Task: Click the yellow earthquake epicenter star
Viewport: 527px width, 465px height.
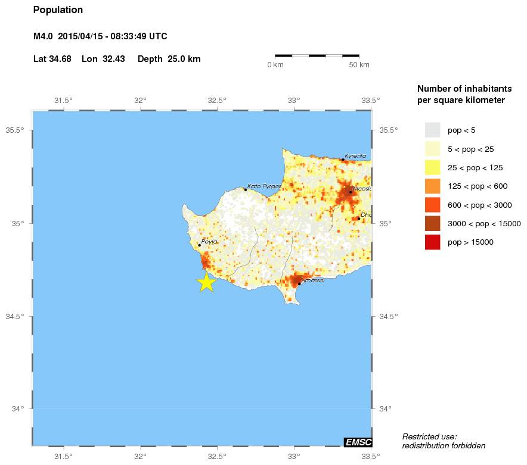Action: tap(206, 282)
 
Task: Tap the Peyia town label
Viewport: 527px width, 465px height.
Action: tap(209, 242)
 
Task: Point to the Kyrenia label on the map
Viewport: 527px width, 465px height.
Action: tap(355, 156)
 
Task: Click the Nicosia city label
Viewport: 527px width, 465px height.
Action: tap(362, 189)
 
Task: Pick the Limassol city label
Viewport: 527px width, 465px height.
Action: tap(313, 280)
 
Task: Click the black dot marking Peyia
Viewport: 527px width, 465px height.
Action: tap(199, 245)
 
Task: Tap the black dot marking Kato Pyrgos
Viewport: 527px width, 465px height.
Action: tap(245, 190)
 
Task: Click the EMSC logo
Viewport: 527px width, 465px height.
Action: tap(358, 442)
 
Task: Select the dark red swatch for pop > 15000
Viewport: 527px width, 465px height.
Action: tap(432, 242)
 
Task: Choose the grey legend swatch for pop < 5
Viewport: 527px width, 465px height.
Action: tap(432, 130)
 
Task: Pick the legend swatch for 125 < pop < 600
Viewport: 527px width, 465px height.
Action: tap(432, 186)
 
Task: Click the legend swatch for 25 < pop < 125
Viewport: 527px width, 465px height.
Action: tap(432, 167)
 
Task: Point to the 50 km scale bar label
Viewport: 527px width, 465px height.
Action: tap(359, 64)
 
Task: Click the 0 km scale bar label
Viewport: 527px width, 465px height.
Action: tap(275, 64)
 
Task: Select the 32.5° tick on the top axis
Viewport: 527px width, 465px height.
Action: tap(217, 100)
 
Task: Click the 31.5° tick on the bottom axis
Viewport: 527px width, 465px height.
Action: tap(64, 457)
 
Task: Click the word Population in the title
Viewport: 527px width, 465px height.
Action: tap(58, 10)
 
